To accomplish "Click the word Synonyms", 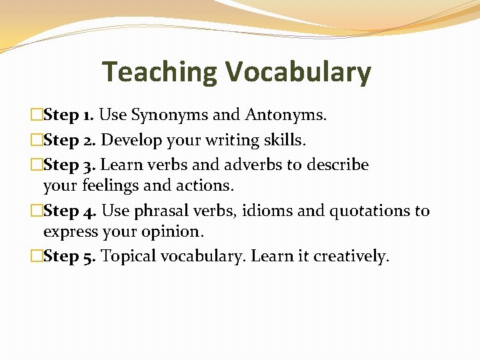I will point(169,115).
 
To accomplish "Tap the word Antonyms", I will point(285,115).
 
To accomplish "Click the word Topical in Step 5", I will point(129,257).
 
